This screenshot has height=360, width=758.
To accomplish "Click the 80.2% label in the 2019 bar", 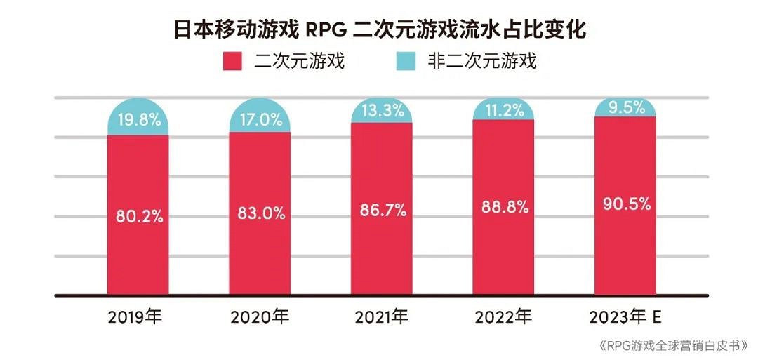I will pos(139,216).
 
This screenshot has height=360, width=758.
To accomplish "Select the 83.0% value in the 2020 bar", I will pos(261,214).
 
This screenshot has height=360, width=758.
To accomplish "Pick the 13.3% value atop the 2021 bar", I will pos(383,111).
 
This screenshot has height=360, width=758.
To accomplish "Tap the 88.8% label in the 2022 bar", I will pos(504,208).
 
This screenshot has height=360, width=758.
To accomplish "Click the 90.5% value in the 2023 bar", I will pos(626,206).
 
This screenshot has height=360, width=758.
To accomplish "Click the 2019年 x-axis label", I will pos(135,317).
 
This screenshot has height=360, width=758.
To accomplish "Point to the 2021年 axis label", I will pos(381,317).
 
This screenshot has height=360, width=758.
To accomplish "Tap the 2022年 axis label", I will pos(503,317).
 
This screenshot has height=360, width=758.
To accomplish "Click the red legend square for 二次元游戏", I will pos(233,61).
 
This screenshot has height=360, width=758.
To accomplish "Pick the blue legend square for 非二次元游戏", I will pos(406,61).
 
